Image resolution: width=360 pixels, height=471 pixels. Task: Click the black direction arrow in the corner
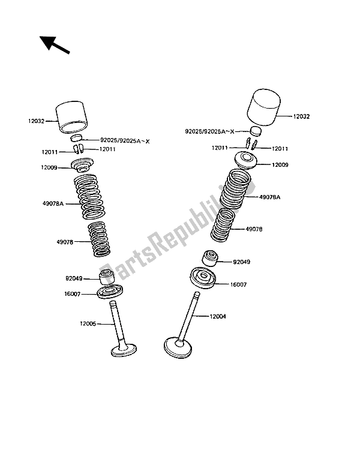click(53, 46)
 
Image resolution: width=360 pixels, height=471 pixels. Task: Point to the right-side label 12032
click(303, 116)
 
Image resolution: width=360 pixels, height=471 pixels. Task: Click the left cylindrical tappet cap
click(70, 118)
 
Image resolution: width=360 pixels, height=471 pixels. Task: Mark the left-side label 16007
click(73, 295)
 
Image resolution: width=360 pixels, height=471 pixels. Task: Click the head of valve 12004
click(181, 346)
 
